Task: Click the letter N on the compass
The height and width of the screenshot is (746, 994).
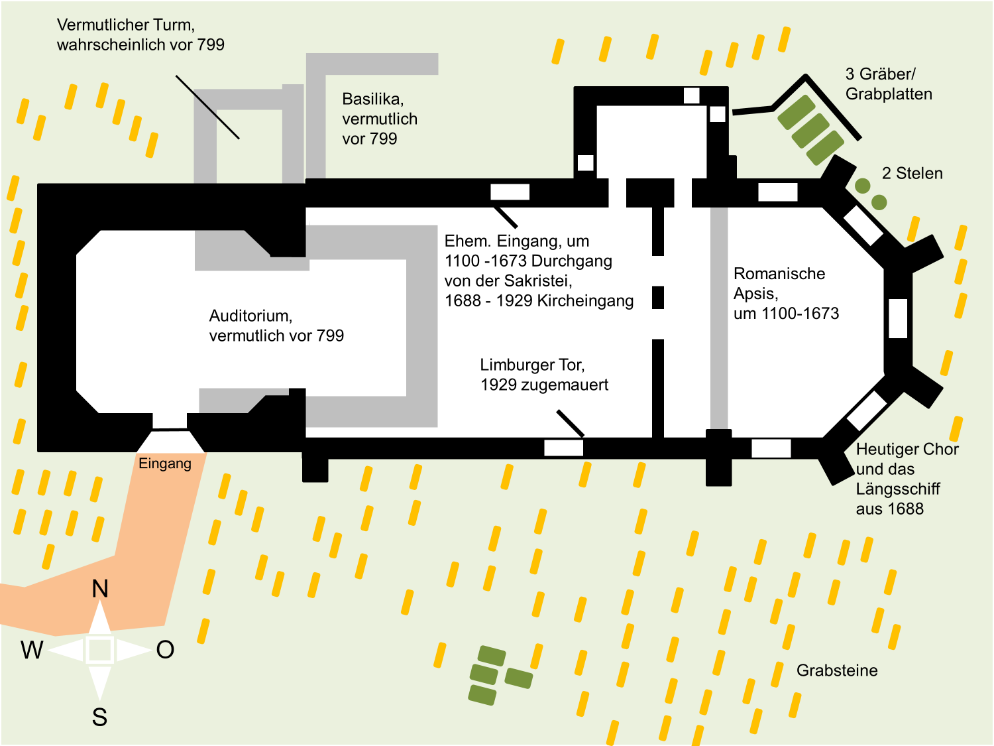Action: [100, 589]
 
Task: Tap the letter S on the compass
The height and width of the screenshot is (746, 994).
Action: [99, 717]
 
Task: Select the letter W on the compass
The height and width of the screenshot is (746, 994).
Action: [32, 651]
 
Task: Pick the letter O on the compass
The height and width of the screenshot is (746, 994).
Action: [165, 650]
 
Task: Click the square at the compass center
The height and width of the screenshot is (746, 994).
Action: [100, 651]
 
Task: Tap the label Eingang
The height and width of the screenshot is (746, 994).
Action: [165, 464]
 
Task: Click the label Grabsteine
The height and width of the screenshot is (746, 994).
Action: [837, 670]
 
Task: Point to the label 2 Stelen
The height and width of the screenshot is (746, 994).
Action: [912, 173]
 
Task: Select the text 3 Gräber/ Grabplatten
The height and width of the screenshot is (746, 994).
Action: [889, 84]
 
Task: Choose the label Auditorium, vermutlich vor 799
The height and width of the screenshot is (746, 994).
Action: [276, 326]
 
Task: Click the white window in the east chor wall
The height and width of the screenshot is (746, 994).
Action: [898, 318]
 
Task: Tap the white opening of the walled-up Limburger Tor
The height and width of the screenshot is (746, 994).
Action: [563, 448]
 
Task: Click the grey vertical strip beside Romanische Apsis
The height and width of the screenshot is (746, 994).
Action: [719, 318]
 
